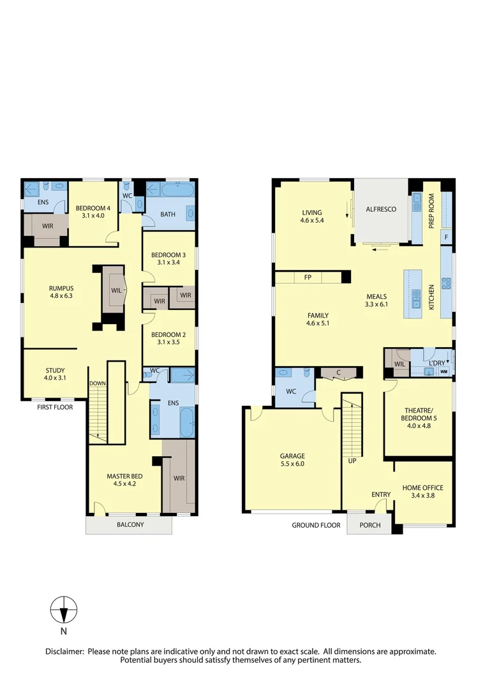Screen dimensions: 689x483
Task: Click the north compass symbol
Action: coord(64,611)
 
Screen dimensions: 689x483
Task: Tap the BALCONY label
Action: coord(130,525)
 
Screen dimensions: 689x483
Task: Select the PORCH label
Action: coord(370,525)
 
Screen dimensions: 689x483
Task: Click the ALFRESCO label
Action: coord(381,209)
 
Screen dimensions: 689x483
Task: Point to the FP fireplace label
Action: coord(308,278)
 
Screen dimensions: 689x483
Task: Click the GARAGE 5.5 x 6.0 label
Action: coord(292,460)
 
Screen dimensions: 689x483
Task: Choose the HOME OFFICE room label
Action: coord(422,492)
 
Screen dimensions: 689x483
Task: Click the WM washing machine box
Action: coord(443,371)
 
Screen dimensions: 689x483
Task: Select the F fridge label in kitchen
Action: coord(446,237)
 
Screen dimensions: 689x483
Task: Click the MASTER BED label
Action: coord(124,480)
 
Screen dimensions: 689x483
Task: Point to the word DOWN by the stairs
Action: coord(98,383)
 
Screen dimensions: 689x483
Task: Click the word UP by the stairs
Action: coord(352,460)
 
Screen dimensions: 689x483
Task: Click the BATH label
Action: coord(168,214)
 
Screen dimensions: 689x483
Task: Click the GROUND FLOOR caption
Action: coord(316,525)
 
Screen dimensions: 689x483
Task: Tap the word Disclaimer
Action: coord(64,651)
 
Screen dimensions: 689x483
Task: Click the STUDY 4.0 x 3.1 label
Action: coord(55,374)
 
